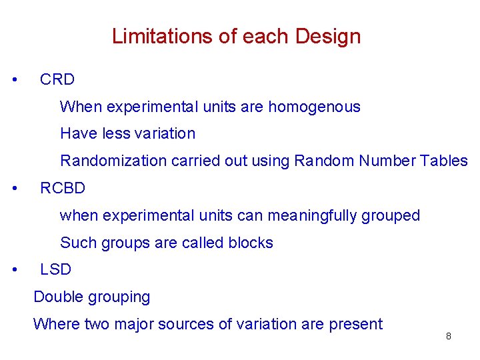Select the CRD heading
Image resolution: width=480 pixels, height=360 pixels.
(x=57, y=79)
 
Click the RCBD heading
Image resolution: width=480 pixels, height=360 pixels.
(x=63, y=188)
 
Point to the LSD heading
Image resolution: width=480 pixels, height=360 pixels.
(x=55, y=269)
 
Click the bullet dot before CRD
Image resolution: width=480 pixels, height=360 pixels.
(x=15, y=79)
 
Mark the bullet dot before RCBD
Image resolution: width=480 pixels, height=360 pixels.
(x=15, y=188)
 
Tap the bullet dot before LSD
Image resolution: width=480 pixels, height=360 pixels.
(x=15, y=269)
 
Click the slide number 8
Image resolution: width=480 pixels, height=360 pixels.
(x=448, y=336)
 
